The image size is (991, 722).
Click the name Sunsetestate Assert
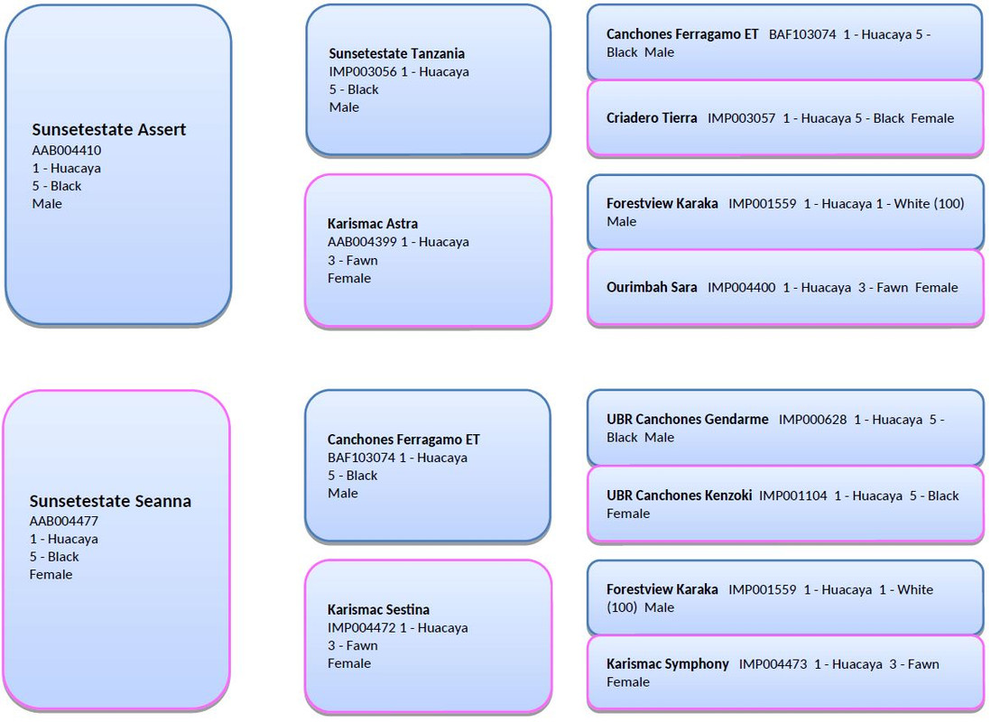(x=108, y=130)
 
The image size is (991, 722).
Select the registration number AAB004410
(x=67, y=151)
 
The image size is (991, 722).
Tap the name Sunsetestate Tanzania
(x=396, y=54)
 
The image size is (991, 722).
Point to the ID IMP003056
(x=363, y=71)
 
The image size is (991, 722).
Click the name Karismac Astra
(x=372, y=224)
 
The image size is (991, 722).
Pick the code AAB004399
(x=362, y=242)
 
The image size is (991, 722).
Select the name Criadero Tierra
(x=652, y=118)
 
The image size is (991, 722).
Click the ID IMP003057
(x=741, y=118)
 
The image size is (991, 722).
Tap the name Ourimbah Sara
(x=652, y=288)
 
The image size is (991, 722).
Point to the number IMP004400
(x=741, y=288)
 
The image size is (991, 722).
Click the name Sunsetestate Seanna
(x=110, y=502)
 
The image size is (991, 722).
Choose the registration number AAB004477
(x=64, y=521)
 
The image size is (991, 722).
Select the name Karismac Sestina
(x=378, y=610)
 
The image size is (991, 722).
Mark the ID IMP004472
(x=362, y=628)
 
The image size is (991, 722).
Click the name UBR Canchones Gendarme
(x=688, y=419)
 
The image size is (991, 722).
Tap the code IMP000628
(x=813, y=420)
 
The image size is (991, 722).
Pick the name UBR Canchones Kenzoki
(x=680, y=495)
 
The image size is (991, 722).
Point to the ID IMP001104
(x=793, y=495)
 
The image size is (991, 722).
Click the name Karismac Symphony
(x=667, y=664)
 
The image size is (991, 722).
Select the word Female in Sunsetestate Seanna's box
(x=51, y=575)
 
